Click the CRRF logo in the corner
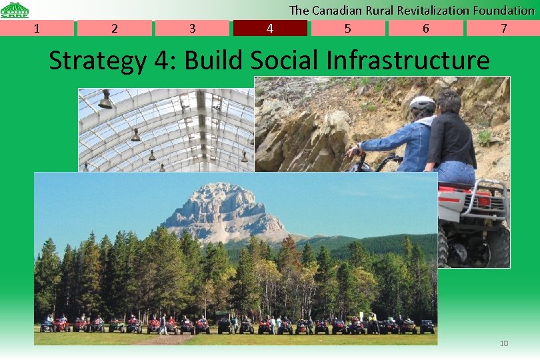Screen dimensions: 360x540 pos(14,9)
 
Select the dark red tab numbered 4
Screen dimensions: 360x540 pos(270,28)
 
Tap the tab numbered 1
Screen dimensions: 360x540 pos(37,28)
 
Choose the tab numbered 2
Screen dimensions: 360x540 pos(115,28)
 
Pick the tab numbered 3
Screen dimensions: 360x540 pos(192,28)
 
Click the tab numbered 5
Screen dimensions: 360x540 pos(348,28)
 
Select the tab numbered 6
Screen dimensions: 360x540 pos(426,28)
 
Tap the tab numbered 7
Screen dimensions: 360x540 pos(503,28)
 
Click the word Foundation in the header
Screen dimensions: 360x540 pos(503,10)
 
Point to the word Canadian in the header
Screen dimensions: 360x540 pos(338,10)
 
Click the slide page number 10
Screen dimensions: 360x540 pos(504,343)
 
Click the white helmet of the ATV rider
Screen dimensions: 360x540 pos(422,104)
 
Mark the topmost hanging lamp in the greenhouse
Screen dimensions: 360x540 pos(105,101)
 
